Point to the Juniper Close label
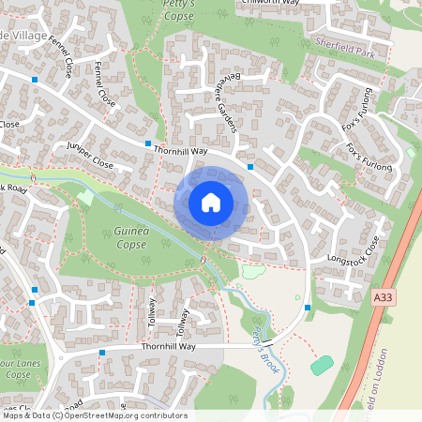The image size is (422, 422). (x=90, y=155)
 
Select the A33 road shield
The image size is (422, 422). (x=380, y=296)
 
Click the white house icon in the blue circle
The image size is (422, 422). (x=211, y=203)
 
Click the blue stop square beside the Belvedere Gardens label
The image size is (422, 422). (x=250, y=166)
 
